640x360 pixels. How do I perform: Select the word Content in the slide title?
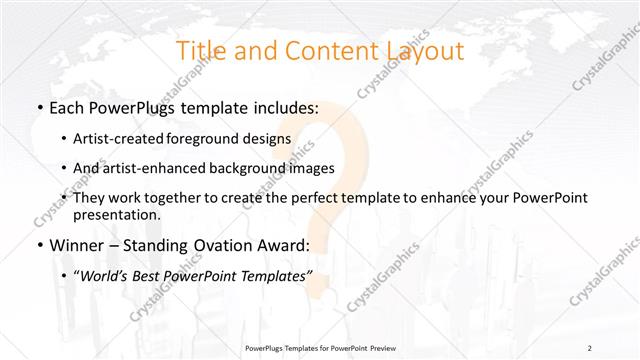pyautogui.click(x=329, y=51)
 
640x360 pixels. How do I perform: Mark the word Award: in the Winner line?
pyautogui.click(x=287, y=245)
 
